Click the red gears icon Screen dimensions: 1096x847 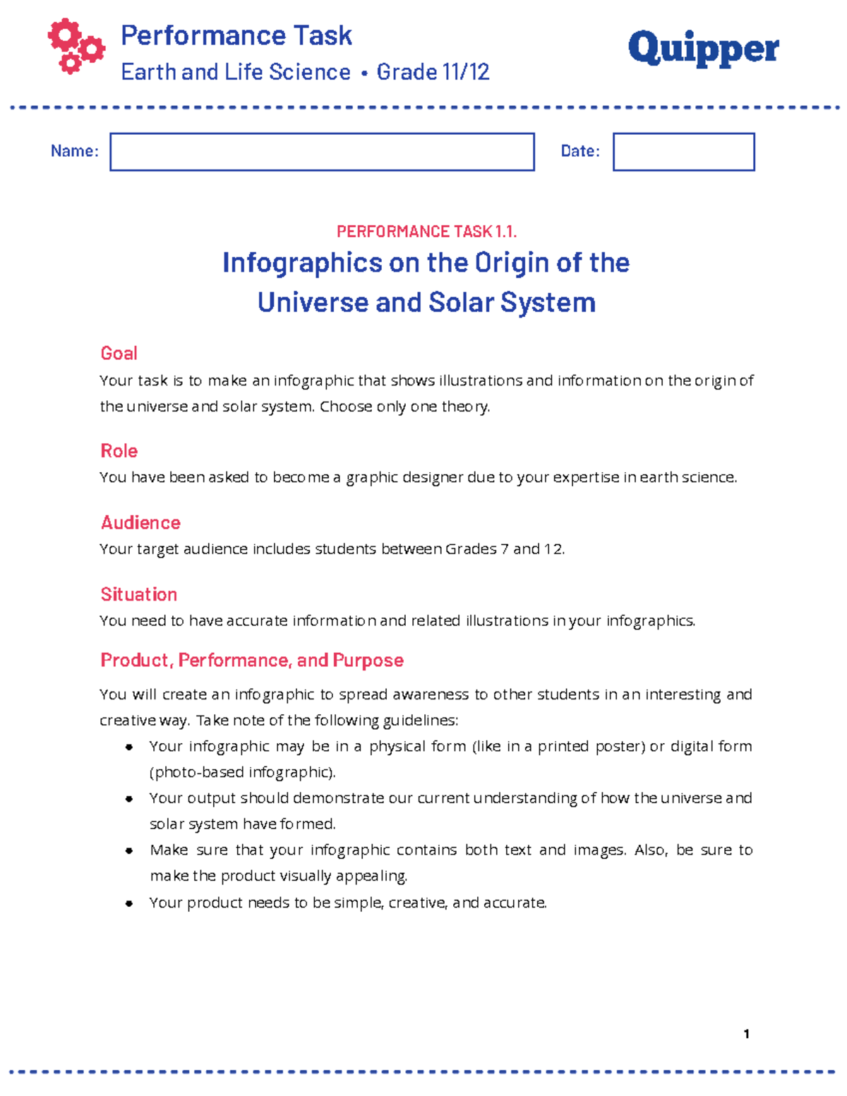(x=76, y=46)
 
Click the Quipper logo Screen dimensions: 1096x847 (x=703, y=49)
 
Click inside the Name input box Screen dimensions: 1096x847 (x=322, y=152)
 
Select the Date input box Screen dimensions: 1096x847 (x=683, y=152)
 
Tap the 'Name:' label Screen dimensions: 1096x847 (x=74, y=151)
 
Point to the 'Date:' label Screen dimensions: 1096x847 (x=579, y=151)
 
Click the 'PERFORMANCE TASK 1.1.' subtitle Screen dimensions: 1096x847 (x=426, y=231)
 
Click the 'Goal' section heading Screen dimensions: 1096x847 (x=119, y=353)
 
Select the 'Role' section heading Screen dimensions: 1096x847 (x=119, y=451)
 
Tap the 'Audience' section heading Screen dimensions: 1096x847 (x=140, y=522)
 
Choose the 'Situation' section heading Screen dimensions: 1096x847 (x=138, y=594)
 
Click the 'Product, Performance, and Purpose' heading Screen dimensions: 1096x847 (x=252, y=660)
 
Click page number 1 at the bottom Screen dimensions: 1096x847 (x=746, y=1034)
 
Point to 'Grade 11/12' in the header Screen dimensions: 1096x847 (x=433, y=72)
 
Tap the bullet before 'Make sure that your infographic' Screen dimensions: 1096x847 (x=129, y=850)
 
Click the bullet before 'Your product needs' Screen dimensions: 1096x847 (x=129, y=903)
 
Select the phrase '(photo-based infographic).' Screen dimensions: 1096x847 (x=242, y=772)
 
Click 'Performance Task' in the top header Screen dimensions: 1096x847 (x=236, y=35)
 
